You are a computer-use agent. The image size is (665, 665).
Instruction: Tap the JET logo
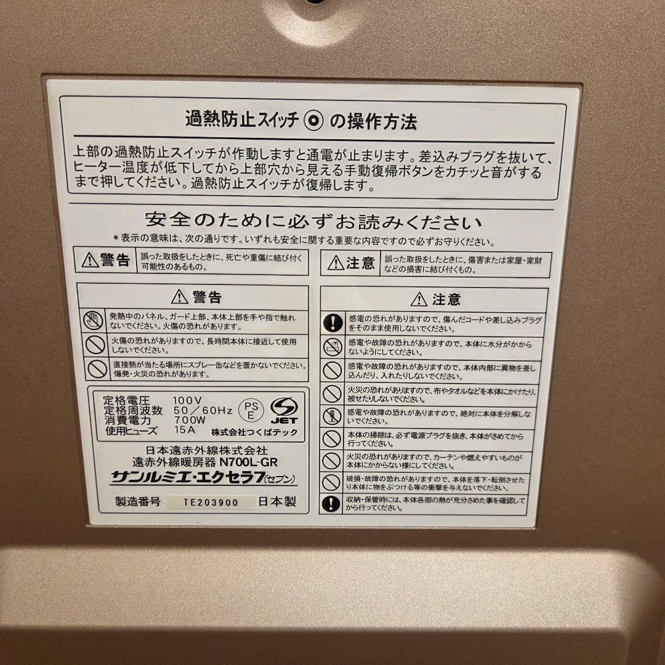coord(284,409)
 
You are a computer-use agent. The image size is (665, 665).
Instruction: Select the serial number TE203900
coord(211,502)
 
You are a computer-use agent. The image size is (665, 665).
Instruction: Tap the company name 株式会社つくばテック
coord(254,432)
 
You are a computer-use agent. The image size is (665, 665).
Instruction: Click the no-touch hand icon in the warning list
coord(94,320)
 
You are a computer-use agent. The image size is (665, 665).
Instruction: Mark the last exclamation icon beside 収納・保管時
coord(332,503)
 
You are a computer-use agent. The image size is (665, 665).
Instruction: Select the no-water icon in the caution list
coord(332,346)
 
